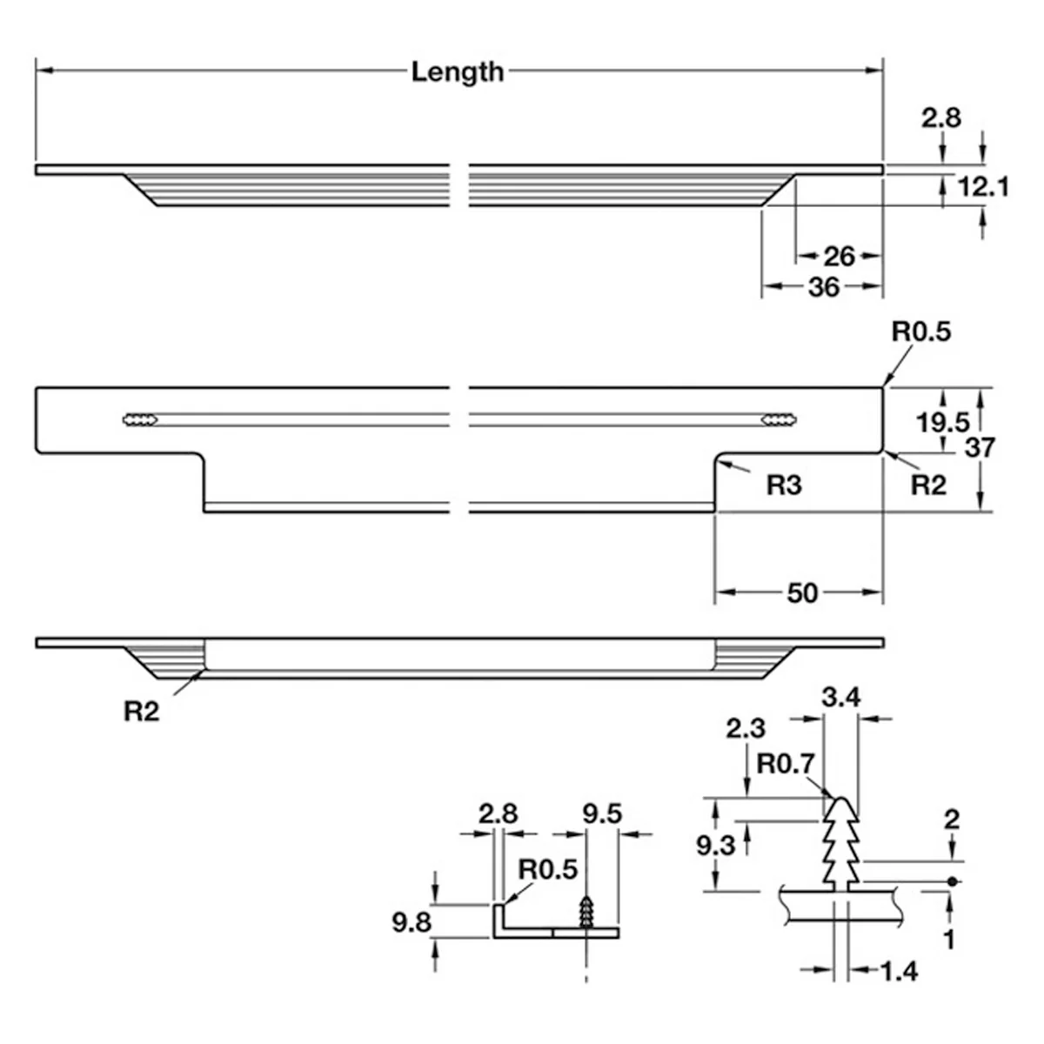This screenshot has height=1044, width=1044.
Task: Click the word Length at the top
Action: pyautogui.click(x=458, y=72)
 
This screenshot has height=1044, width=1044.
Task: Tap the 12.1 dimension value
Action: pyautogui.click(x=983, y=187)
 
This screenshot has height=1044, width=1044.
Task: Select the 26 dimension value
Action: pyautogui.click(x=840, y=257)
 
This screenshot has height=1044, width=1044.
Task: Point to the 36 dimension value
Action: pyautogui.click(x=824, y=287)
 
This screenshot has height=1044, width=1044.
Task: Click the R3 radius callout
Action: pyautogui.click(x=783, y=485)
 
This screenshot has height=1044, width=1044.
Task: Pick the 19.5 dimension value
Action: pyautogui.click(x=943, y=422)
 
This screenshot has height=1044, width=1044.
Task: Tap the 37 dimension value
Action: pyautogui.click(x=980, y=447)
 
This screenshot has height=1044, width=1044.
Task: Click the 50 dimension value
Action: pyautogui.click(x=802, y=594)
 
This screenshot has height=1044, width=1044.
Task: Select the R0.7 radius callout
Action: pyautogui.click(x=785, y=764)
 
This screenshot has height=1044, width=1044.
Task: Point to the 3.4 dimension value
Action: pyautogui.click(x=840, y=697)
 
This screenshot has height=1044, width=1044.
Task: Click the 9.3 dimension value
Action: pyautogui.click(x=716, y=845)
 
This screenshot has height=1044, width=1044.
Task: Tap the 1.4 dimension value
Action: pyautogui.click(x=900, y=972)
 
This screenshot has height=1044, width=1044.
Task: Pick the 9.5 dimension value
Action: pyautogui.click(x=602, y=813)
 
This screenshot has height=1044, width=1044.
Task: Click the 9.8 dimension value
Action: pyautogui.click(x=412, y=923)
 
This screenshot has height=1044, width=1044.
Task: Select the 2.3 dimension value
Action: pyautogui.click(x=746, y=729)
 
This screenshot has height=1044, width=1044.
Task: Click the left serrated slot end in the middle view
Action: pyautogui.click(x=140, y=419)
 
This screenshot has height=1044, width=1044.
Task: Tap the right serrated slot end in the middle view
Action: pyautogui.click(x=779, y=419)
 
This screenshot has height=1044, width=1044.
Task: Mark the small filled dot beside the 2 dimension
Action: pyautogui.click(x=952, y=881)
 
